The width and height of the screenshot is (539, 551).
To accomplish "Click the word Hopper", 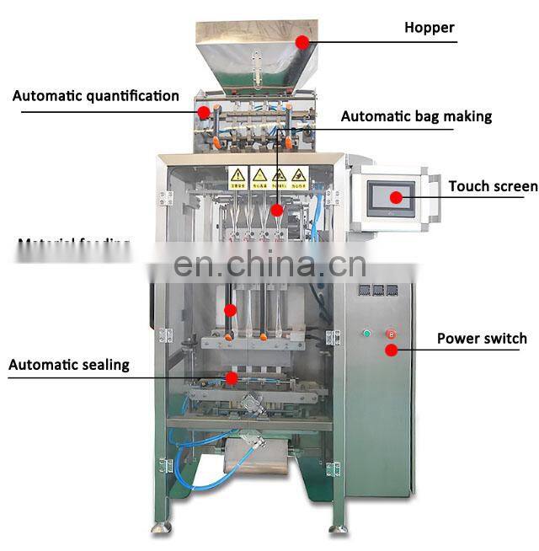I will (429, 28).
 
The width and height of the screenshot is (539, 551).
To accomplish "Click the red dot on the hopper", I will (302, 40).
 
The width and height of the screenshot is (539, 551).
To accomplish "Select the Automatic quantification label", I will (95, 96).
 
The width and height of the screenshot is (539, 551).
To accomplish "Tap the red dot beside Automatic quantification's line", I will (203, 111).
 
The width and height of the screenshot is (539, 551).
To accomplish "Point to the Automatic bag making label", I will (416, 116).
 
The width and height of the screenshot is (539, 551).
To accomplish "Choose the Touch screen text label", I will (492, 186).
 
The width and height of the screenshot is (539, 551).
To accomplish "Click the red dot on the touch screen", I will (394, 197).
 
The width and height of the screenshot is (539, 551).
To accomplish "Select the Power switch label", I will (481, 339).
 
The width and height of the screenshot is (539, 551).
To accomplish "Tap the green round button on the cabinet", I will (366, 334).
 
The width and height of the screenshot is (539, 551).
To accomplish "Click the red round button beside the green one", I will (390, 333).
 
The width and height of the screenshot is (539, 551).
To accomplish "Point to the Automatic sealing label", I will (69, 365).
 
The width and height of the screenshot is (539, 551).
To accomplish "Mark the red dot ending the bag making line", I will (277, 207).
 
